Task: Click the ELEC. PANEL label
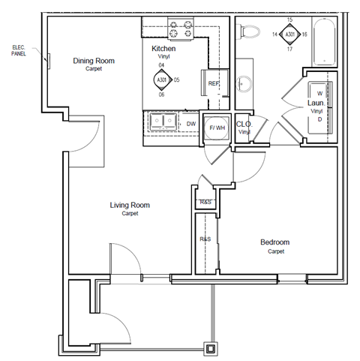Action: [19, 52]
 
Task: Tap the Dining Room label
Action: [93, 60]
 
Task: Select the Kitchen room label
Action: [163, 49]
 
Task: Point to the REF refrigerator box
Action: [213, 83]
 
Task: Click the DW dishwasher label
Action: [191, 124]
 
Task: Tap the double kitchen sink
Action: [161, 120]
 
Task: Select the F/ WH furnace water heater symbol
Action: [217, 127]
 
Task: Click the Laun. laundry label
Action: [316, 104]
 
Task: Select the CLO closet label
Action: [243, 125]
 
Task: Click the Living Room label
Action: [130, 205]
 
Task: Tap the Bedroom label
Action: [274, 242]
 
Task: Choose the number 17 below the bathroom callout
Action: [290, 49]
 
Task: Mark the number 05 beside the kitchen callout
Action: [177, 79]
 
